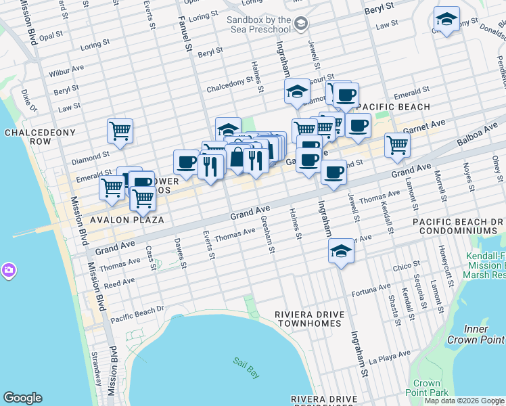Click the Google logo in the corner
click(x=22, y=398)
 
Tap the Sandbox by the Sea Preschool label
click(x=258, y=25)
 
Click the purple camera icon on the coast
click(x=8, y=271)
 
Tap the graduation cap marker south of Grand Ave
click(x=341, y=252)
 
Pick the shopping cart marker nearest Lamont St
click(x=397, y=144)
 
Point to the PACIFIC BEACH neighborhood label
click(x=393, y=107)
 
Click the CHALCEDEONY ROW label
click(x=28, y=137)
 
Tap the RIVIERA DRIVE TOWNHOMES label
click(x=309, y=319)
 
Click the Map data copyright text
click(x=464, y=401)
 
